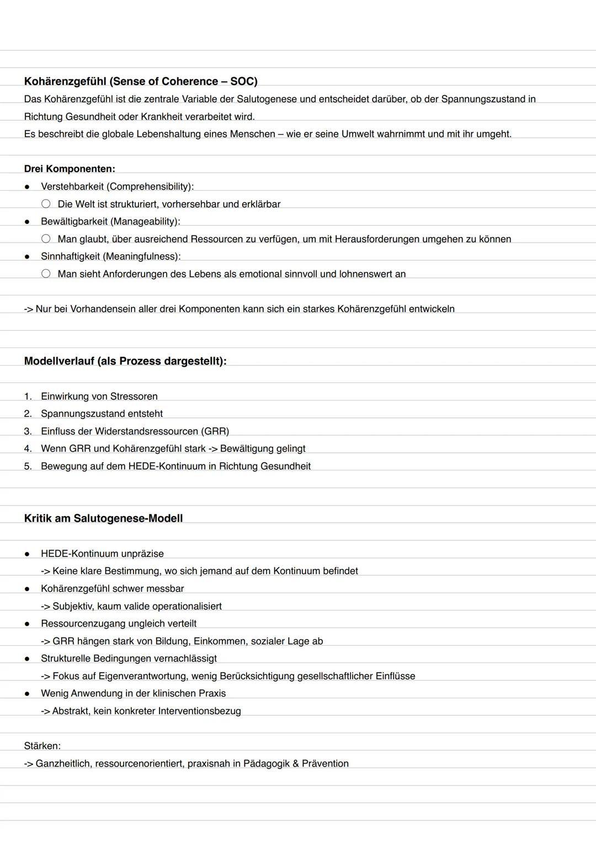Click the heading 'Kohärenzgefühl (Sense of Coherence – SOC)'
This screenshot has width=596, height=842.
[141, 82]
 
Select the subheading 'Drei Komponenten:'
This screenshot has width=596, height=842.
[70, 169]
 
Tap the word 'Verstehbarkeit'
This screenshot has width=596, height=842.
[72, 186]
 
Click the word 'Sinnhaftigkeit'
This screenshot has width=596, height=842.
[70, 256]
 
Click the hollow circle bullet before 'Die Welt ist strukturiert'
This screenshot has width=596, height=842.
[46, 204]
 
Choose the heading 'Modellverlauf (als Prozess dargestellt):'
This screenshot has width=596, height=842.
[125, 361]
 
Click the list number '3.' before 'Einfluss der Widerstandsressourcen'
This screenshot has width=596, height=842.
[28, 431]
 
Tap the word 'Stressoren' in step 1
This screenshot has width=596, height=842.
[134, 396]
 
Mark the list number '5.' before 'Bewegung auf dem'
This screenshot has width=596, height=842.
[28, 466]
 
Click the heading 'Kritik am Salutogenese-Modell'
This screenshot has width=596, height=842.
[103, 518]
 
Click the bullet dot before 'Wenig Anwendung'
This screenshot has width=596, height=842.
[26, 694]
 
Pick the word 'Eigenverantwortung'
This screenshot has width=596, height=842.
[142, 676]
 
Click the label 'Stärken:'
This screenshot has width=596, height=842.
[42, 746]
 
